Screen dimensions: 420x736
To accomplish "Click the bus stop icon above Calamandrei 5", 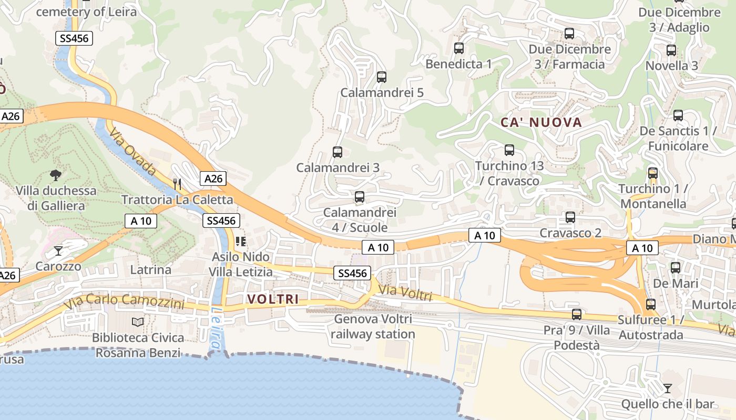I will [382, 77].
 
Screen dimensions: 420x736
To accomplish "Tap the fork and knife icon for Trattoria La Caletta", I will [177, 184].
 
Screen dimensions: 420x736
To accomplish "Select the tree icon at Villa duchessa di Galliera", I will [55, 175].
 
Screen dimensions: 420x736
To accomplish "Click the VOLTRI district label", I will [272, 299].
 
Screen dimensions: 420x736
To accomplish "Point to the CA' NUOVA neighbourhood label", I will [541, 123].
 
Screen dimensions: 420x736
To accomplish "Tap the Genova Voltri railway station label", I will [373, 327].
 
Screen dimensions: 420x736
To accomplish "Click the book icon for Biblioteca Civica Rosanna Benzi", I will [138, 322].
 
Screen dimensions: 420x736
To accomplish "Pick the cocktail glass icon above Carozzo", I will [58, 251].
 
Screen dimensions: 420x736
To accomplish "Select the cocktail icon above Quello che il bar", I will [667, 388].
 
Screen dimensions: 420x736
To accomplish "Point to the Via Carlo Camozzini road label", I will [124, 301].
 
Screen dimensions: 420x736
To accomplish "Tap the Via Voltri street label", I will [405, 293].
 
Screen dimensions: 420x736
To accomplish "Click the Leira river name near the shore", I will [216, 329].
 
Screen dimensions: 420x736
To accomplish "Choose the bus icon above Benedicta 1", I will [459, 48].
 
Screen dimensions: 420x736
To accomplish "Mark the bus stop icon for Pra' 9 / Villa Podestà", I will [577, 314].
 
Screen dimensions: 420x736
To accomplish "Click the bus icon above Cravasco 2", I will [570, 217].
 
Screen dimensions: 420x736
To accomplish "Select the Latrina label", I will [150, 270].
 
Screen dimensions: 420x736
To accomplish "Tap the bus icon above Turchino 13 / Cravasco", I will [509, 150].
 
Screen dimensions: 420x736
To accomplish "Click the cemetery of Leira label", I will [87, 12].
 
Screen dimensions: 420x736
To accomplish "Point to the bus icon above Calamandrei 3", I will [338, 152].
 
